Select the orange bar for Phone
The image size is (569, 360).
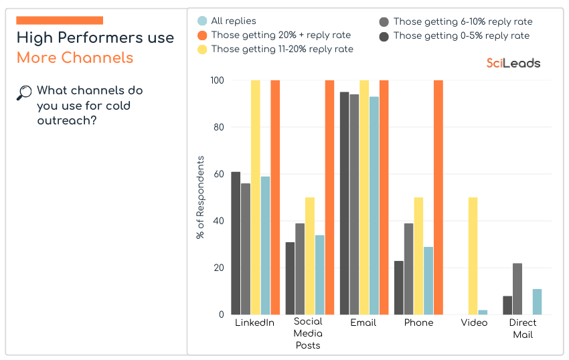pos(438,197)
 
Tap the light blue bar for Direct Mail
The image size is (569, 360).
pos(537,302)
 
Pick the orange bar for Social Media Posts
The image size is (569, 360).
pos(329,197)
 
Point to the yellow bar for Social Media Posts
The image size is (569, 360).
pos(310,256)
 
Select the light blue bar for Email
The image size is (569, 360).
pos(374,205)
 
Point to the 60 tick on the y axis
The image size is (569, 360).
pos(218,174)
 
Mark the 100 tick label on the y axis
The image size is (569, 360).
pos(216,80)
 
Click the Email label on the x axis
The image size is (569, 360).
pos(363,323)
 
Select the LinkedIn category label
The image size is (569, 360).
pos(254,323)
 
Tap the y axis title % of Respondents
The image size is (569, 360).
pos(200,197)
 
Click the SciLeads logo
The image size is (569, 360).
pos(513,63)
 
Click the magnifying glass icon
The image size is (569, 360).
pos(24,93)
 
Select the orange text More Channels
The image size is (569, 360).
pos(75,58)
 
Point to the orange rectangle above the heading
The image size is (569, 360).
pos(60,21)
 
